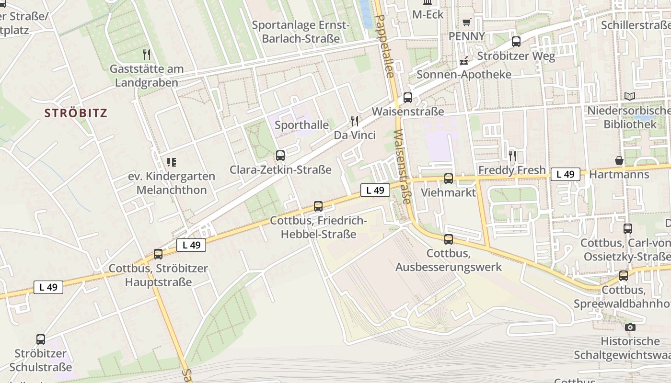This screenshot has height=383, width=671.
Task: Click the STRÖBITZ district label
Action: [x=76, y=113]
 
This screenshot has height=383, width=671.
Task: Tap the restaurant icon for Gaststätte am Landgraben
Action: [x=147, y=55]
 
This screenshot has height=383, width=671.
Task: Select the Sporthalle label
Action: [x=301, y=125]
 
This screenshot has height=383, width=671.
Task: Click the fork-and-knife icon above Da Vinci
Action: [x=354, y=121]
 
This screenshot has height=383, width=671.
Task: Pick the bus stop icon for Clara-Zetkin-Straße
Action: [x=280, y=156]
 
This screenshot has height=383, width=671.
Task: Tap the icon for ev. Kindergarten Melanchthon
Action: [x=171, y=162]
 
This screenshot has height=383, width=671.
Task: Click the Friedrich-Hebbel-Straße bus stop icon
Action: [x=318, y=206]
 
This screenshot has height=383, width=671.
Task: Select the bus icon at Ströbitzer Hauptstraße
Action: [x=158, y=254]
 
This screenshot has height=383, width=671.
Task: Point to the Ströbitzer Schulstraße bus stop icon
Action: [x=41, y=339]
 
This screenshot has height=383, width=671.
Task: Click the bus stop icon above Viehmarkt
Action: [x=448, y=179]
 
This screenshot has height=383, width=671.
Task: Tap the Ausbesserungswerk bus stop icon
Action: [x=448, y=239]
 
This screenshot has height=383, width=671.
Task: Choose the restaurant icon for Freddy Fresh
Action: [x=512, y=156]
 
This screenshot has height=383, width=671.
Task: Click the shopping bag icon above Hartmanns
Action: [x=619, y=160]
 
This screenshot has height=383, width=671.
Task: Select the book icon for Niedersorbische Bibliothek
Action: [x=629, y=97]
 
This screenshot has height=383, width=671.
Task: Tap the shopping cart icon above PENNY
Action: [x=466, y=23]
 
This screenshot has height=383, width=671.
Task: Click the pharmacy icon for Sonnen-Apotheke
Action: [x=463, y=60]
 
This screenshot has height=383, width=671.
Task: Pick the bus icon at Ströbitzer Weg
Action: [x=516, y=42]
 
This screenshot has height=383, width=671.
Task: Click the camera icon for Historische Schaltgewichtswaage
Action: [x=630, y=327]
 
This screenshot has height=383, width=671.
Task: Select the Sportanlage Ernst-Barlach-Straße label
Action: [x=301, y=32]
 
